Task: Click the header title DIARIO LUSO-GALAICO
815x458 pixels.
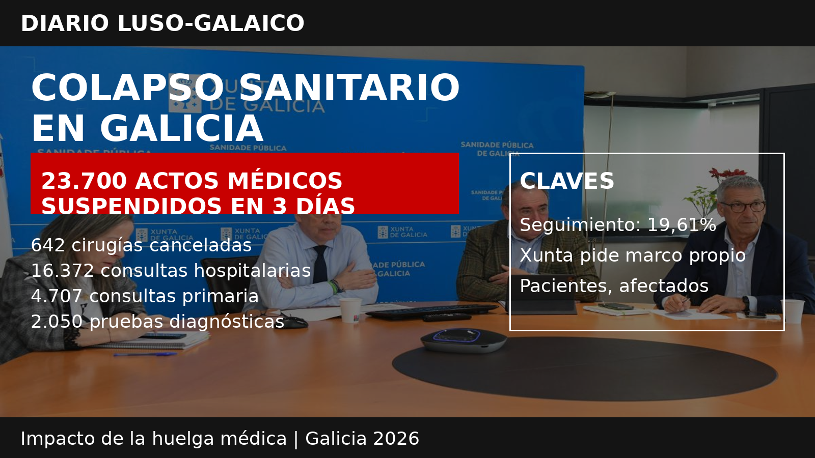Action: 162,23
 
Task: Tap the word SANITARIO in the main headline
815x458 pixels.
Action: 349,88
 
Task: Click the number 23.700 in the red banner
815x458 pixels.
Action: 84,181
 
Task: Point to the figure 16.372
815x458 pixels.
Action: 63,270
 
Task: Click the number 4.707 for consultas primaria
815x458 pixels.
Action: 57,296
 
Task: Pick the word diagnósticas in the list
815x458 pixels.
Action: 227,322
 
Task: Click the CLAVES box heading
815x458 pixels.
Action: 567,181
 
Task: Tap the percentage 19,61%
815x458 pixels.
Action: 682,224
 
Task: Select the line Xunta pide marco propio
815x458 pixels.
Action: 633,255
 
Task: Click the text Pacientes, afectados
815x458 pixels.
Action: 614,285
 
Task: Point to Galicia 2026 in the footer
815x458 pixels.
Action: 362,438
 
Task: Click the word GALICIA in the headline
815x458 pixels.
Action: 181,128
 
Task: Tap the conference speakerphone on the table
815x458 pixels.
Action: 464,340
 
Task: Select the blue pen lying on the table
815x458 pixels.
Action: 145,354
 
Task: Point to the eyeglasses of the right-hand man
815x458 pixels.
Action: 743,207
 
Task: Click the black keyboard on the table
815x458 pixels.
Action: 432,311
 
